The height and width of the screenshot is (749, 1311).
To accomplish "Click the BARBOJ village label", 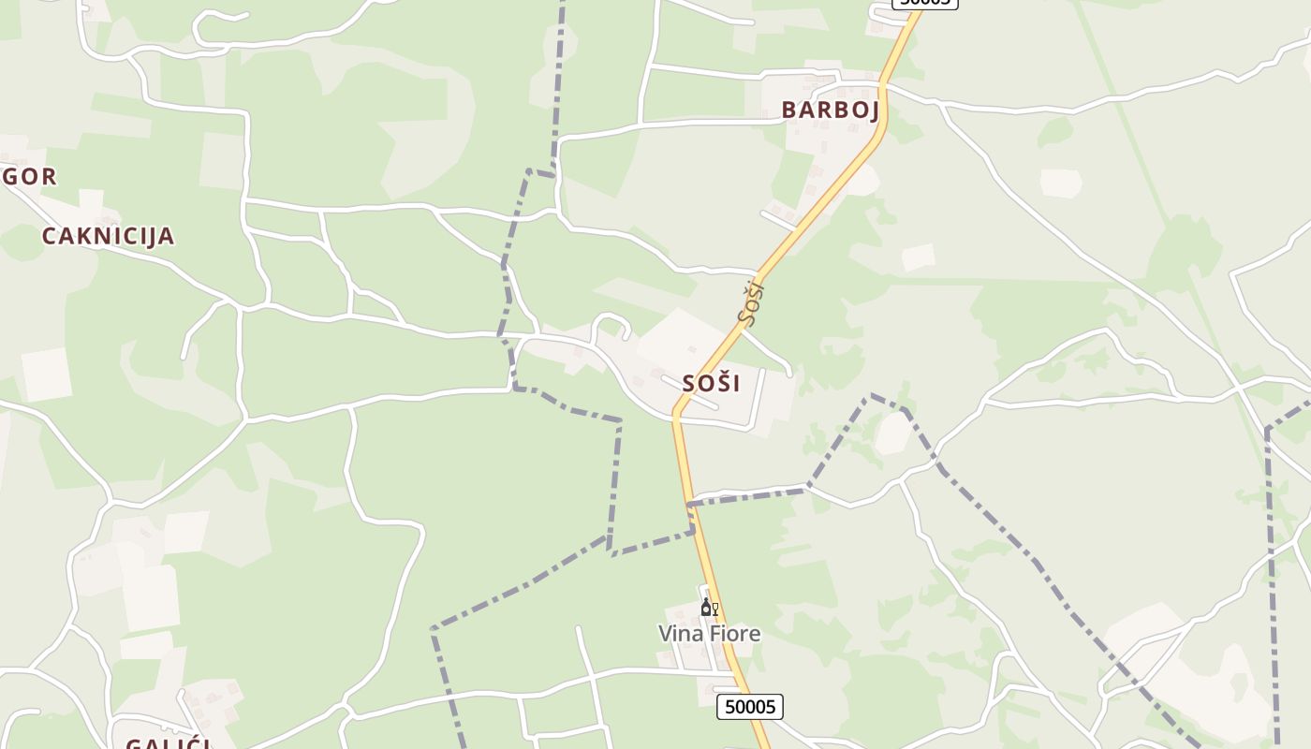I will point(831,110).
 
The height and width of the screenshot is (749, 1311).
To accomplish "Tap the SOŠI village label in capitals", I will point(711,383).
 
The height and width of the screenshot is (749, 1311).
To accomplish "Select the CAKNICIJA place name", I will point(108,236).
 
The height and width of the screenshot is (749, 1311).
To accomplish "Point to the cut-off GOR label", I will point(30,176).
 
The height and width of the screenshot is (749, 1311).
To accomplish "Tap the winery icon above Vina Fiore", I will point(709,608).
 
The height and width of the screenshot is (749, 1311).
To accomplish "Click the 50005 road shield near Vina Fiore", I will point(749,706).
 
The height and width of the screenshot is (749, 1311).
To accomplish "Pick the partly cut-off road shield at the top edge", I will point(924,3).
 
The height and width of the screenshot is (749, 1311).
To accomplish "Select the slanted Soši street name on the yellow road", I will point(751,301).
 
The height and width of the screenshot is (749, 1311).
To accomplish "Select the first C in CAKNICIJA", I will point(50,236).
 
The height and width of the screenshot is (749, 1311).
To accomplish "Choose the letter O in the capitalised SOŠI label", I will point(703,383).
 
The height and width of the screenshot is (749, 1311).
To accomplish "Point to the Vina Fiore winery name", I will point(709,634).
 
